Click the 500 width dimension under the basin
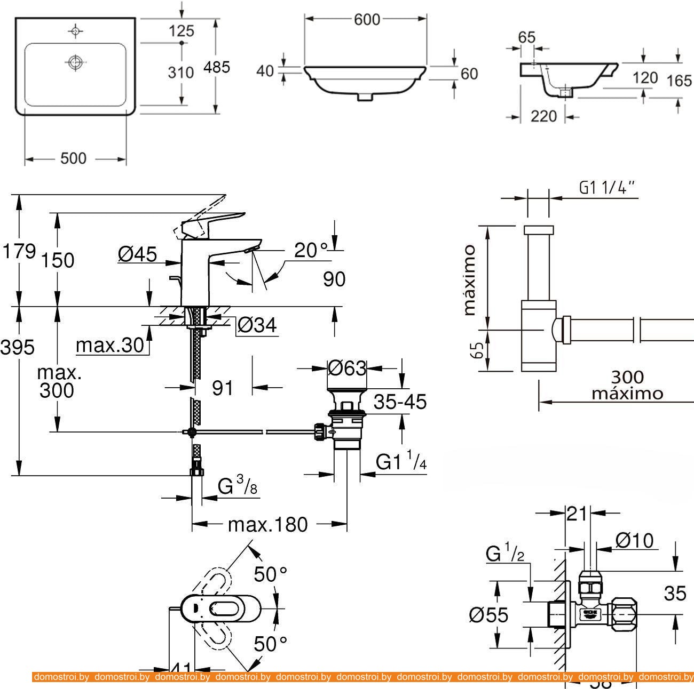click(x=73, y=159)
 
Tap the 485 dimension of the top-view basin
click(x=217, y=67)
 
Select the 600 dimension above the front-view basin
click(x=367, y=19)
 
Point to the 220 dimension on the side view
click(x=543, y=116)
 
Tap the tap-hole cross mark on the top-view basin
click(x=76, y=31)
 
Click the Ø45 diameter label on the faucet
click(x=137, y=254)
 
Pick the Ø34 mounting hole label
click(x=257, y=325)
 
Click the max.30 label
click(x=110, y=346)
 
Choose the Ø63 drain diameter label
click(x=347, y=368)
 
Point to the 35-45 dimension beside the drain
click(x=400, y=401)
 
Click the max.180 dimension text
click(x=268, y=525)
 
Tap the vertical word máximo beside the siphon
click(x=469, y=280)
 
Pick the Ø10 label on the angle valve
click(x=634, y=541)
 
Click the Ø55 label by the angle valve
click(x=488, y=615)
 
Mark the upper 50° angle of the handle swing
click(x=270, y=574)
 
